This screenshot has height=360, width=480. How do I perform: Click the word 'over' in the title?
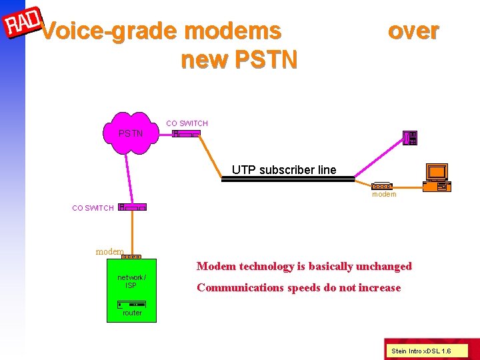[413, 31]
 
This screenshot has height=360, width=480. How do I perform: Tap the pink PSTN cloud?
[131, 133]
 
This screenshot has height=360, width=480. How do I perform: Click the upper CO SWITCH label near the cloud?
[187, 123]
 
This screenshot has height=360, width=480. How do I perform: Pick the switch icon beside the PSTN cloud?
[186, 134]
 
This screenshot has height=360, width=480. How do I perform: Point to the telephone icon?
[410, 138]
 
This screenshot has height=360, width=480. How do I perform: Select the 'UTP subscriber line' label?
[284, 170]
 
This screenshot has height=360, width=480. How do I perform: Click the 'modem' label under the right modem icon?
[384, 195]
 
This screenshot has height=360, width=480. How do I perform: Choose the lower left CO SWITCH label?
[93, 208]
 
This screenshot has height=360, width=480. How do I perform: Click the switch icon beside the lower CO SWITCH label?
[132, 207]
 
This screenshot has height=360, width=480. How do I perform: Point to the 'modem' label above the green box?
[109, 251]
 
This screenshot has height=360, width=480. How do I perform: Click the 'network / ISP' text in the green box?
[131, 281]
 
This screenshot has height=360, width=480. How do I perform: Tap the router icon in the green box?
[131, 304]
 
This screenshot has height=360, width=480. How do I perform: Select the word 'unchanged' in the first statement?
[383, 267]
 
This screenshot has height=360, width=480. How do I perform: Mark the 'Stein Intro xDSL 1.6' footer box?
[421, 351]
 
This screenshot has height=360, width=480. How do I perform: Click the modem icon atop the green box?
[132, 257]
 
